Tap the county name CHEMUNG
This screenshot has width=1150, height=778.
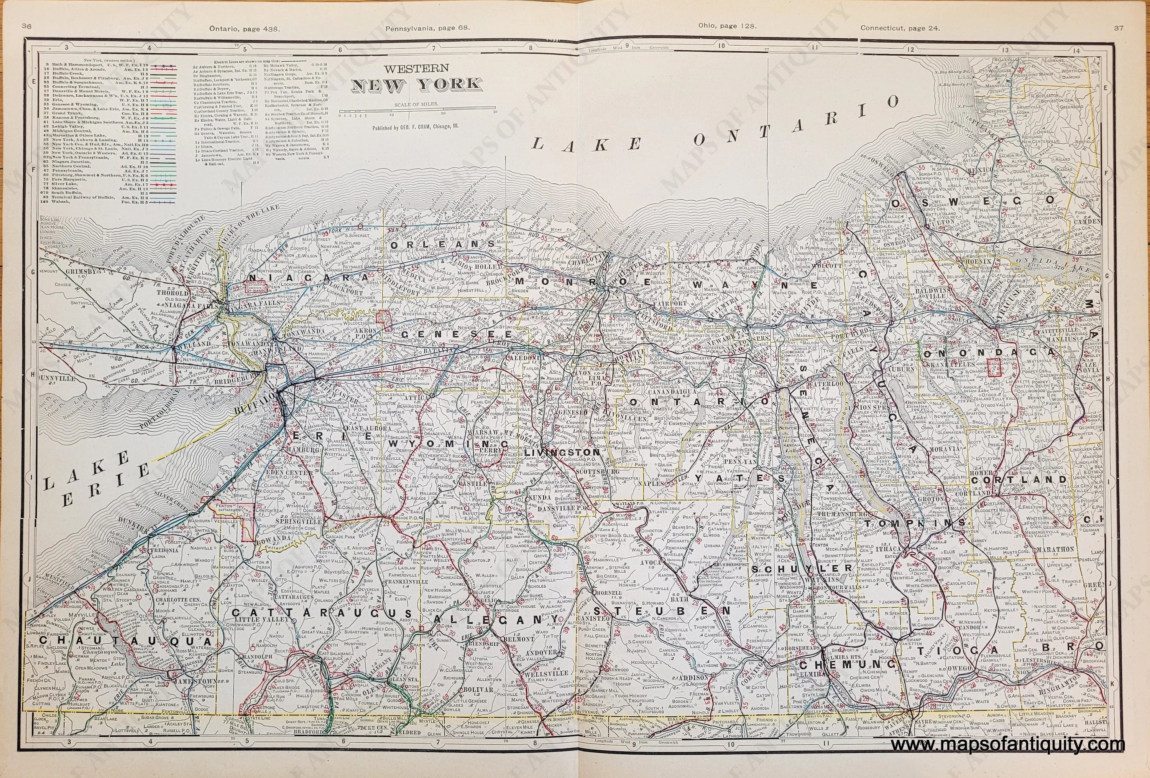pos(846,663)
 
